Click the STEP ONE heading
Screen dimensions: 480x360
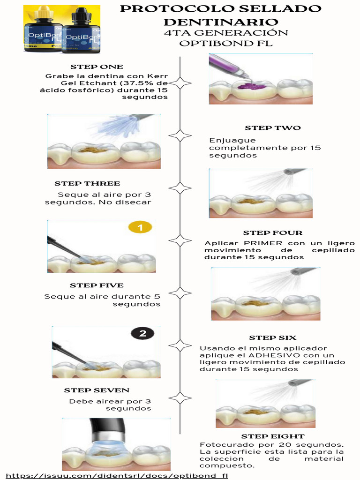pos(97,67)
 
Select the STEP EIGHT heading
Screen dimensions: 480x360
pos(272,436)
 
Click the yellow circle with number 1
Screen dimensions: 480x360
pos(140,228)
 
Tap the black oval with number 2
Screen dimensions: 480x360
pos(142,333)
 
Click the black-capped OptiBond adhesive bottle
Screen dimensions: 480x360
pos(82,32)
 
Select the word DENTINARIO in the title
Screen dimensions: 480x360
pos(221,22)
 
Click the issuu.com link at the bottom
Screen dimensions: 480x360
pos(117,475)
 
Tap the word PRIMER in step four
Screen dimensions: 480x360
pos(262,243)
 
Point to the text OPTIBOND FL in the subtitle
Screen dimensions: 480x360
pos(226,43)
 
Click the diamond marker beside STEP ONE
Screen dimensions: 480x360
pos(180,83)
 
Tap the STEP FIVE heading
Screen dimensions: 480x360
pos(97,285)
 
